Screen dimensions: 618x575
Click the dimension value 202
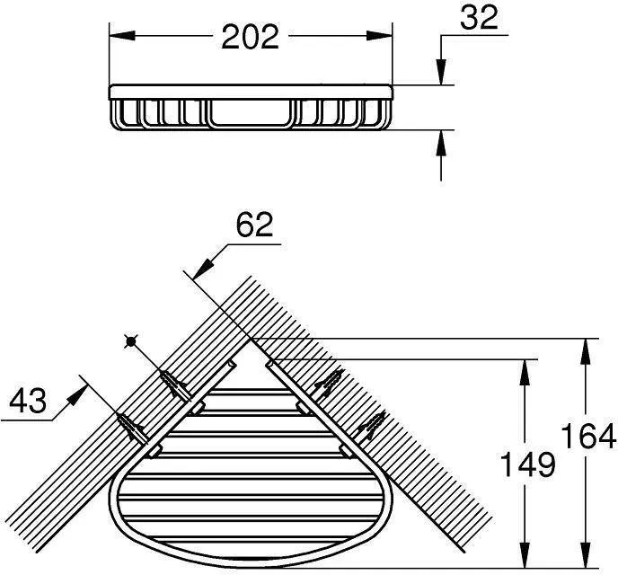pyautogui.click(x=251, y=37)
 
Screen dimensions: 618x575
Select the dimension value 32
pyautogui.click(x=479, y=17)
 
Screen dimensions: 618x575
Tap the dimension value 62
pyautogui.click(x=254, y=225)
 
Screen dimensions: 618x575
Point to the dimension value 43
pyautogui.click(x=28, y=401)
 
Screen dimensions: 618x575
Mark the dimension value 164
pyautogui.click(x=588, y=436)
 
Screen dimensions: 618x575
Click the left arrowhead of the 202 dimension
pyautogui.click(x=122, y=35)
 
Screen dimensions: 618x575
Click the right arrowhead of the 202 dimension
pyautogui.click(x=379, y=35)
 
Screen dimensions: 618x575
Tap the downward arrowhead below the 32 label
pyautogui.click(x=441, y=71)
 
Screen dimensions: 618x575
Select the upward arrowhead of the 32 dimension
pyautogui.click(x=441, y=143)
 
